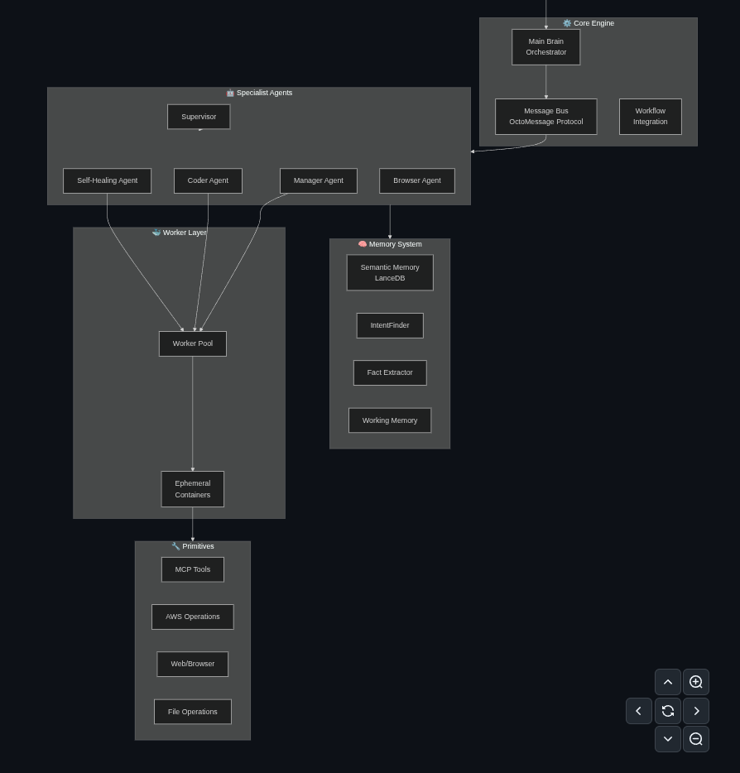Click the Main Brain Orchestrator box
(x=545, y=47)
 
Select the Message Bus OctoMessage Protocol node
(x=545, y=117)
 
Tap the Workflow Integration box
(x=650, y=117)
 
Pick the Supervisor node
(x=199, y=117)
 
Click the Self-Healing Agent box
(x=107, y=180)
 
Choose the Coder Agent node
(x=208, y=180)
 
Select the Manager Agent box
(x=318, y=180)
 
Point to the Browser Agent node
(x=416, y=180)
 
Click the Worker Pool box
(x=192, y=343)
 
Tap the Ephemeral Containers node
(x=192, y=489)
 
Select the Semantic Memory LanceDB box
(x=389, y=272)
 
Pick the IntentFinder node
(x=389, y=325)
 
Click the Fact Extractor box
(x=389, y=372)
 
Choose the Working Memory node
(x=389, y=420)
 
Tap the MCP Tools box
(x=192, y=569)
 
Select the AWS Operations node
(x=192, y=617)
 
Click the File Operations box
(x=192, y=712)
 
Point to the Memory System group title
(x=390, y=244)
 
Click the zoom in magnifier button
(x=696, y=682)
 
